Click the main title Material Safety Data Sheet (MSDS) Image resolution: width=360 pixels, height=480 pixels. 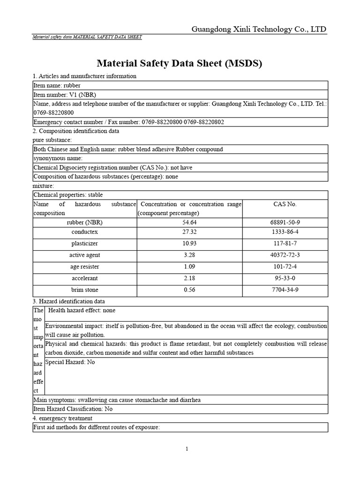pyautogui.click(x=180, y=63)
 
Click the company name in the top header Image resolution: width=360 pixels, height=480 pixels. pyautogui.click(x=259, y=30)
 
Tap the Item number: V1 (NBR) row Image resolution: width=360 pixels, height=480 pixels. pyautogui.click(x=64, y=95)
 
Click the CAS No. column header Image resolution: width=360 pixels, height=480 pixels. pyautogui.click(x=285, y=204)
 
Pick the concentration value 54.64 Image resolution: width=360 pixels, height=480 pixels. pyautogui.click(x=189, y=222)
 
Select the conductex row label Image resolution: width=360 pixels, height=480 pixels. pyautogui.click(x=85, y=232)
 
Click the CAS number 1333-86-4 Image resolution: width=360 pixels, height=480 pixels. pyautogui.click(x=285, y=232)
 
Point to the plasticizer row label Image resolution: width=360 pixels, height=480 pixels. pyautogui.click(x=85, y=244)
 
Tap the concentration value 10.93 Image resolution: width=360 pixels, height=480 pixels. pyautogui.click(x=189, y=244)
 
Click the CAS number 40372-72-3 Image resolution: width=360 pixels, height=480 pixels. pyautogui.click(x=285, y=255)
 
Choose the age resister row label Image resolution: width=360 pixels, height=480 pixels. pyautogui.click(x=85, y=267)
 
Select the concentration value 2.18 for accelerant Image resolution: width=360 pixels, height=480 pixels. pyautogui.click(x=189, y=278)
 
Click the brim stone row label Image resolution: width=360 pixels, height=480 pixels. pyautogui.click(x=85, y=290)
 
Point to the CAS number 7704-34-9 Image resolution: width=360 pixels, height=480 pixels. pyautogui.click(x=285, y=290)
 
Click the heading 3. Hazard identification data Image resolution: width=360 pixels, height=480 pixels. pyautogui.click(x=69, y=301)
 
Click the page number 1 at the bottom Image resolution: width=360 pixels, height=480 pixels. pyautogui.click(x=187, y=449)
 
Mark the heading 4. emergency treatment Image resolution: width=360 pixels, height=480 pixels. pyautogui.click(x=62, y=418)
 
